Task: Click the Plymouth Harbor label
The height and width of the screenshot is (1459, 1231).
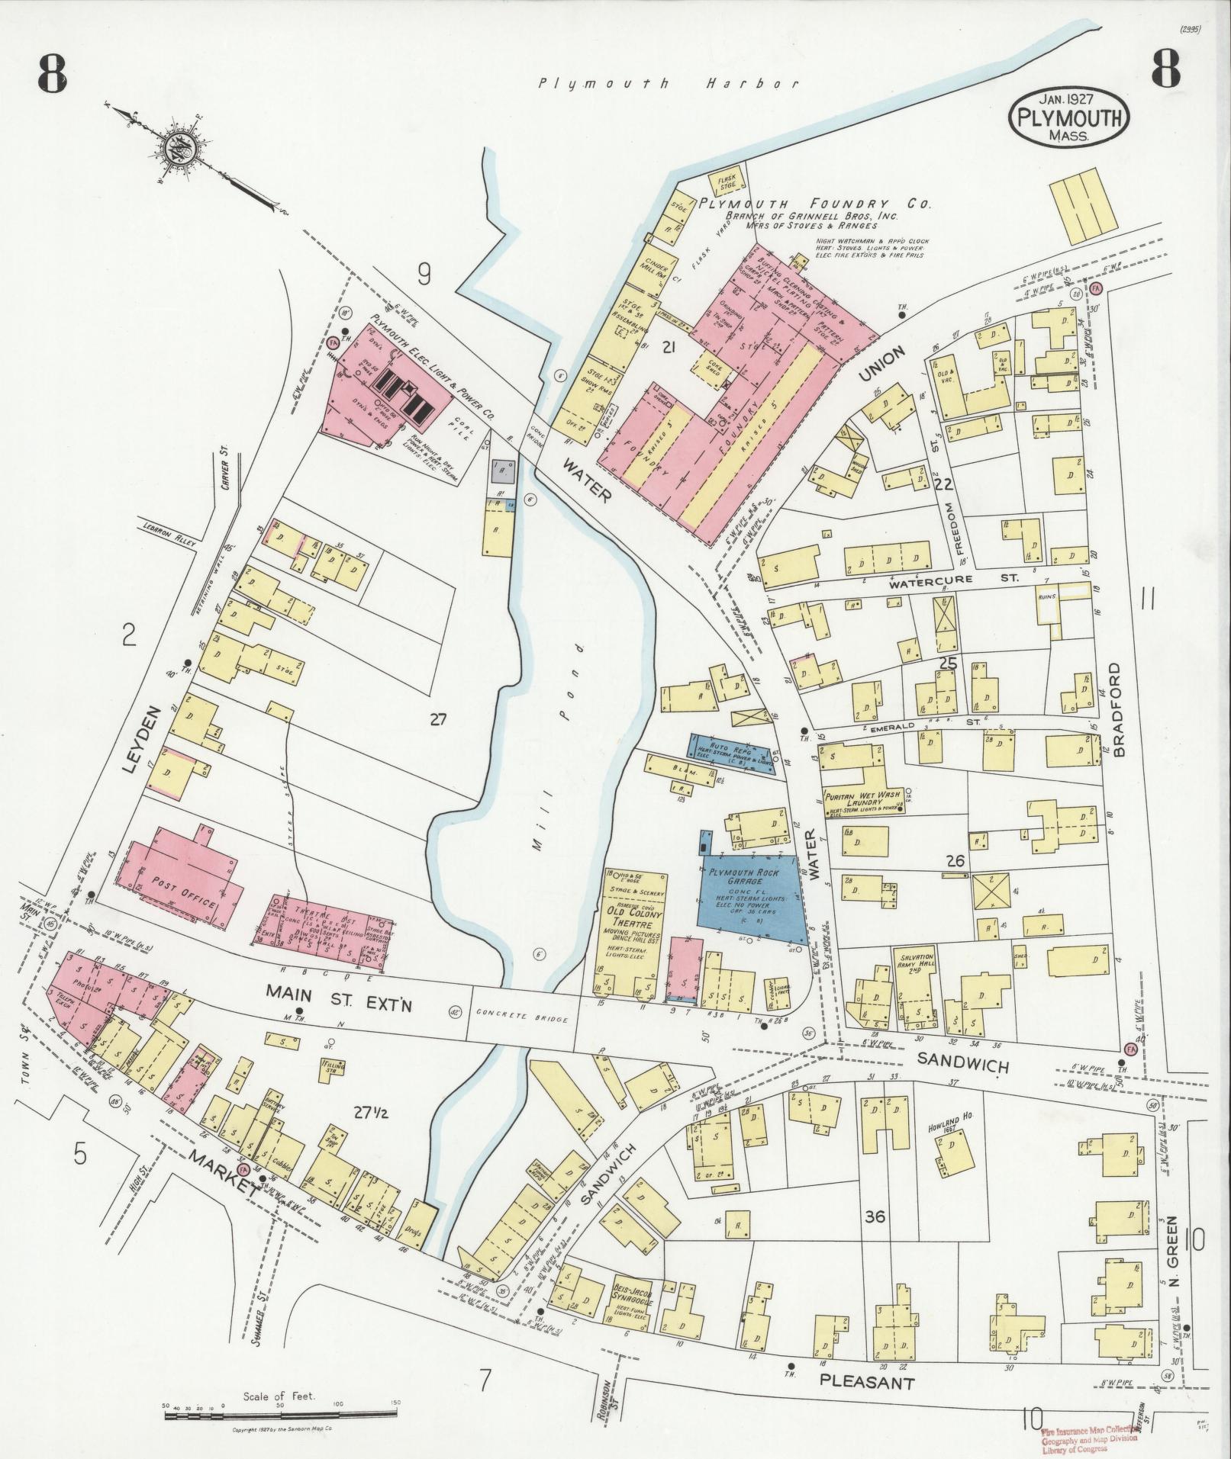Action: (x=669, y=85)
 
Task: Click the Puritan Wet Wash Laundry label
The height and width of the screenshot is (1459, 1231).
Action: (x=862, y=798)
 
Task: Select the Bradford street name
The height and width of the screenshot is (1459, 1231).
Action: (x=1119, y=709)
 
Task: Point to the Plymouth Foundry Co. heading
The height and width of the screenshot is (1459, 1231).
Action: (x=816, y=204)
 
